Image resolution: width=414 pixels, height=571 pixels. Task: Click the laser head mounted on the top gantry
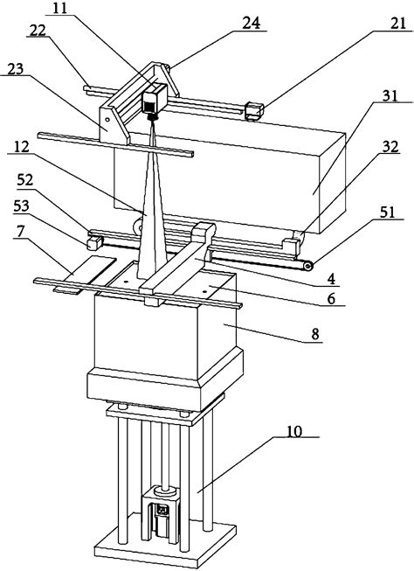[154, 102]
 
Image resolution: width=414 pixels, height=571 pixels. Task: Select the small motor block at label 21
[254, 111]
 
